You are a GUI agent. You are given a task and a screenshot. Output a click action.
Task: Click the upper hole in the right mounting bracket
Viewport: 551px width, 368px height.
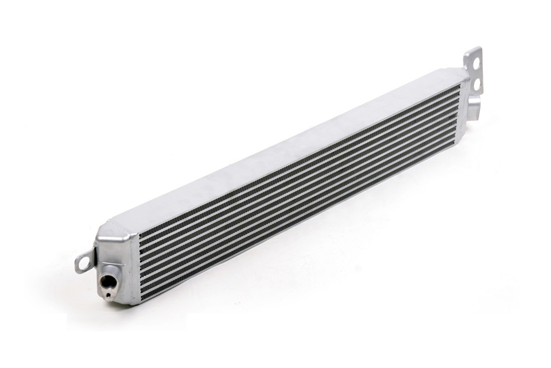click(x=475, y=60)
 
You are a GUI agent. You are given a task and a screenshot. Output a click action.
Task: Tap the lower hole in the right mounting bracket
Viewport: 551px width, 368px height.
click(x=476, y=85)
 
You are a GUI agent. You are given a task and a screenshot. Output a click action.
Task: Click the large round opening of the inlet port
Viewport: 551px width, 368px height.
click(x=107, y=281)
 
